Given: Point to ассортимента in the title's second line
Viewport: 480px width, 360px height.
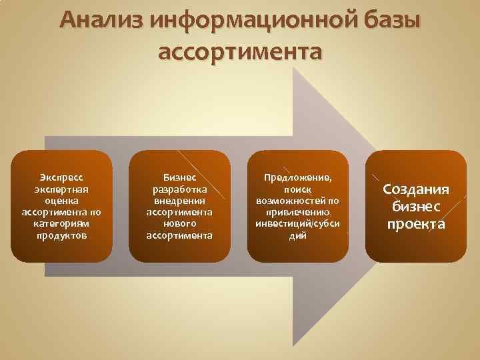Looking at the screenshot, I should click(240, 51).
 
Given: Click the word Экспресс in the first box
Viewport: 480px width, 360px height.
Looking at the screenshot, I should click(61, 177).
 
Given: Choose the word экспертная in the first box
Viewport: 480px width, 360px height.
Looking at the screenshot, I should click(61, 189).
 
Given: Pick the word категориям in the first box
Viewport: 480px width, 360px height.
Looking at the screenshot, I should click(61, 224).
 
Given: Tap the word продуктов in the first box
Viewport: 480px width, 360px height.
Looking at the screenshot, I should click(61, 235).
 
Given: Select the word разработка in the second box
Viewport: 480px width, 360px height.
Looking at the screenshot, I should click(179, 189).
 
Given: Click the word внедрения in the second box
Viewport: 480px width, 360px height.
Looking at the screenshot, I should click(179, 201).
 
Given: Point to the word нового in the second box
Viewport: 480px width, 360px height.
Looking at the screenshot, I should click(179, 224).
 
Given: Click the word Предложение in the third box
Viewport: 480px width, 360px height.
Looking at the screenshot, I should click(297, 177).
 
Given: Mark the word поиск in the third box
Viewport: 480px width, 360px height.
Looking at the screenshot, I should click(297, 189).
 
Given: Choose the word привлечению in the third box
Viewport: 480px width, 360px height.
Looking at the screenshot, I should click(297, 212).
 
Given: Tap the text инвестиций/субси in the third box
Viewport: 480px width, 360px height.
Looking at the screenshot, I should click(297, 224).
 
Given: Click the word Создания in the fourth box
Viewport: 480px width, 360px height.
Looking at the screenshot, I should click(416, 189).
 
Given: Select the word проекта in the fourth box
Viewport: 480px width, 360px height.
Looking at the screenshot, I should click(416, 224).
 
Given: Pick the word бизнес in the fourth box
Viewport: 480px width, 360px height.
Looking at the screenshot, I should click(416, 207).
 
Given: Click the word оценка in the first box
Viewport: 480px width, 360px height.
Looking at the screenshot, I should click(61, 201).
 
